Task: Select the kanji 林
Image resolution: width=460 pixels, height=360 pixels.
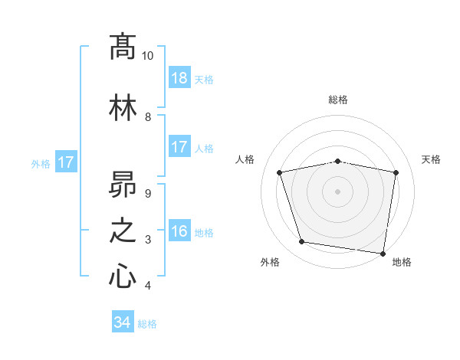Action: tap(123, 108)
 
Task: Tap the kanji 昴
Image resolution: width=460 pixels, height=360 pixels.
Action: tap(123, 183)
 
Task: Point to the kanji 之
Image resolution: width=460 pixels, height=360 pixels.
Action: tap(123, 231)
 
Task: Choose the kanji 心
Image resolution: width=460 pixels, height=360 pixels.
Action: tap(123, 277)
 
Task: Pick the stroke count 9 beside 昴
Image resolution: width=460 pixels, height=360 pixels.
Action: tap(147, 193)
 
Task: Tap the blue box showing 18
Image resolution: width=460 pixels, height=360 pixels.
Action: tap(179, 79)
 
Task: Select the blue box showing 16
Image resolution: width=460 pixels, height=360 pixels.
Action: tap(179, 232)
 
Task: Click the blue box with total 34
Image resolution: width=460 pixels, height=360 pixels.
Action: tap(122, 322)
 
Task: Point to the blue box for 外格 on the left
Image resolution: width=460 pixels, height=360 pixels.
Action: tap(65, 162)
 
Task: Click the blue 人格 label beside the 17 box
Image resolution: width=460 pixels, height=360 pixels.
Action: tap(204, 149)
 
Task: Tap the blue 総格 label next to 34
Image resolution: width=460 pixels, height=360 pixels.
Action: tap(147, 324)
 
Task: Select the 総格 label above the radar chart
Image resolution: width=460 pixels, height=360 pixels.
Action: tap(338, 100)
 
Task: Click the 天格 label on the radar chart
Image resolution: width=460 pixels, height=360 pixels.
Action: tap(432, 159)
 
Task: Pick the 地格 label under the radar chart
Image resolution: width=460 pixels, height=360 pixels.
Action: tap(402, 262)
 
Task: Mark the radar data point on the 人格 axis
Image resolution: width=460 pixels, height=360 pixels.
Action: tap(280, 172)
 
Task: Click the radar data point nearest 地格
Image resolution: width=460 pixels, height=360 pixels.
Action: tap(383, 253)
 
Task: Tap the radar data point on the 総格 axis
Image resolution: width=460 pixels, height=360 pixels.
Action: tap(338, 162)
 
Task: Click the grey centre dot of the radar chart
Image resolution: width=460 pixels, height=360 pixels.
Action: tap(338, 191)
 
